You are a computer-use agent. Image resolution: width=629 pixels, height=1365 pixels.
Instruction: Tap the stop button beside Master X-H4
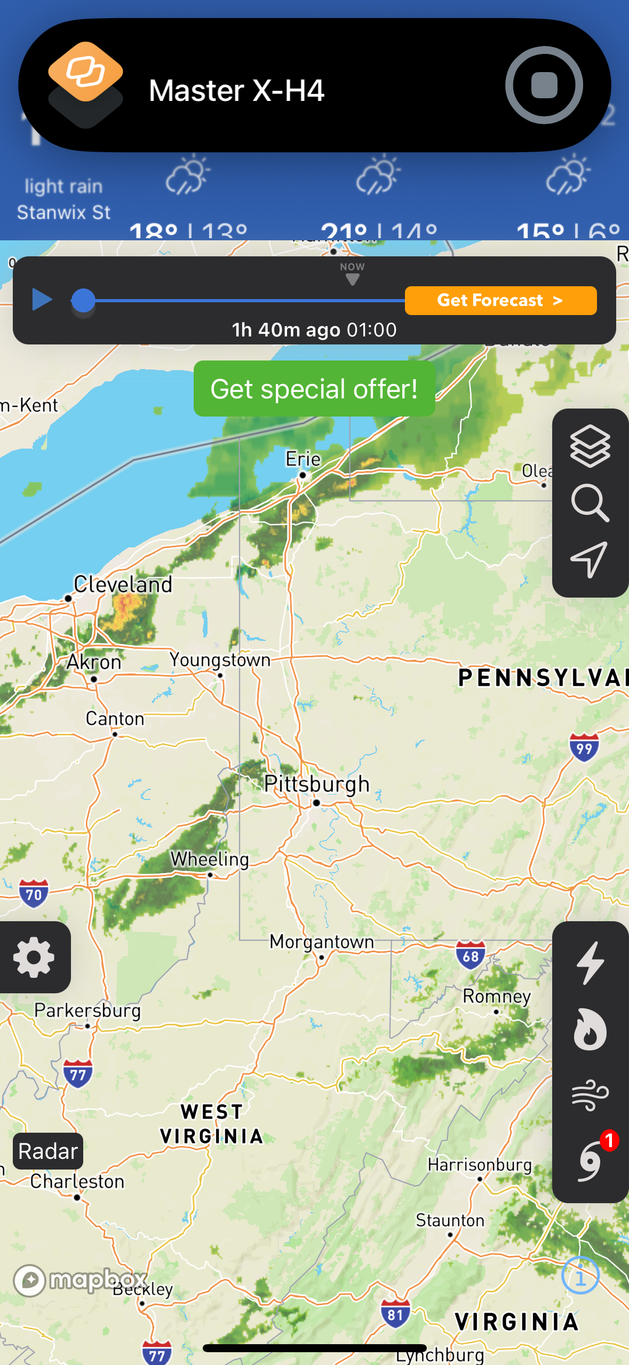tap(544, 85)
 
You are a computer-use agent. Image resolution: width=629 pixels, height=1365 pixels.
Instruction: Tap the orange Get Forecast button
tap(500, 300)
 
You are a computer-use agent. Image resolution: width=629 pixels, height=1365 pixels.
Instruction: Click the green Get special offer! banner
tap(314, 388)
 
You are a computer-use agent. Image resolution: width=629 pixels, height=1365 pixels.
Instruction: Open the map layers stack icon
tap(590, 446)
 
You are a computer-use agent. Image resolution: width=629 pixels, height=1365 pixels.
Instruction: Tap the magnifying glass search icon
tap(590, 503)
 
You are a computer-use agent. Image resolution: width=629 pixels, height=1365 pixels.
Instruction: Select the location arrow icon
tap(590, 559)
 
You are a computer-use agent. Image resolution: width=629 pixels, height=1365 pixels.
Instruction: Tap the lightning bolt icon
tap(590, 963)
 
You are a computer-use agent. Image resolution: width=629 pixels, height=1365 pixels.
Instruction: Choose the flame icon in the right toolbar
tap(590, 1029)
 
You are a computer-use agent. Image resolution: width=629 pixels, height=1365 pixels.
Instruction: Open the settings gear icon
tap(34, 957)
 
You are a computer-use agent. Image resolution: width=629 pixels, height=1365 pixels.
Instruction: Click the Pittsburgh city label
tap(316, 784)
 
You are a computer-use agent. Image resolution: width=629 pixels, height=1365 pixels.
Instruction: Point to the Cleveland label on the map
tap(123, 584)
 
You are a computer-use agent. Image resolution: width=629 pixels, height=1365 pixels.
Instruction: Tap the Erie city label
tap(303, 459)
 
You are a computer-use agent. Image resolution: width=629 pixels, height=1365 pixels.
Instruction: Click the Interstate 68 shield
tap(471, 955)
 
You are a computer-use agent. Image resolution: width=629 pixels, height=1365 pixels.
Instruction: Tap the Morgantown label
tap(322, 942)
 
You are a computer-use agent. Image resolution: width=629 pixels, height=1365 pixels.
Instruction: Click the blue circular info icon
tap(580, 1275)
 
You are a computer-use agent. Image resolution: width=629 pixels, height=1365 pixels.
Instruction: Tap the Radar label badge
tap(48, 1151)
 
